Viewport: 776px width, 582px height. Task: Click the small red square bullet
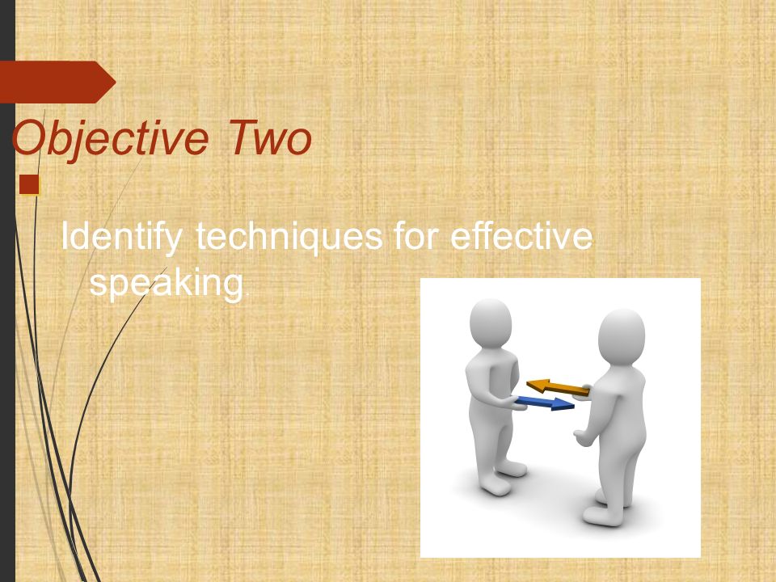pyautogui.click(x=29, y=185)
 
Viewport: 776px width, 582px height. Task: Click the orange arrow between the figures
pyautogui.click(x=558, y=388)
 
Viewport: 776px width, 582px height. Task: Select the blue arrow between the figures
pyautogui.click(x=543, y=402)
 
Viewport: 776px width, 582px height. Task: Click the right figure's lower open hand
pyautogui.click(x=583, y=437)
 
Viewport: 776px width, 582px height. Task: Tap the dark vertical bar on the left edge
pyautogui.click(x=7, y=323)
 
